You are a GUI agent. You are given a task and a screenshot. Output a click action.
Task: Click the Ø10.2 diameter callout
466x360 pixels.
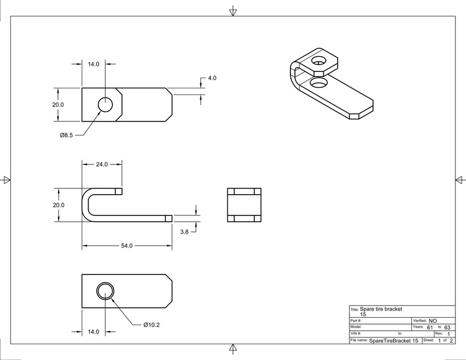[151, 325]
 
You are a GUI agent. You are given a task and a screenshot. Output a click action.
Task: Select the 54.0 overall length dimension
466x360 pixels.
[127, 246]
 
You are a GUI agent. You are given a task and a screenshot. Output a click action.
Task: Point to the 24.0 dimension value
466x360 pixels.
[101, 164]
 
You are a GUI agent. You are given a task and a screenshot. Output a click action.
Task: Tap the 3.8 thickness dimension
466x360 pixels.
[184, 231]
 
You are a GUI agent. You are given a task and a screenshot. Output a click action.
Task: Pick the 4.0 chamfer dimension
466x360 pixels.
[212, 78]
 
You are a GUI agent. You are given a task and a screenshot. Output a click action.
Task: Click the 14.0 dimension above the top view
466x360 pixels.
[93, 64]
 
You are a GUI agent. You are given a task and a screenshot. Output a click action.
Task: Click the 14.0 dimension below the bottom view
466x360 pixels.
[93, 332]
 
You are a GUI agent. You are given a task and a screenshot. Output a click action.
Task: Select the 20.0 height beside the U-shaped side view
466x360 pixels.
[59, 205]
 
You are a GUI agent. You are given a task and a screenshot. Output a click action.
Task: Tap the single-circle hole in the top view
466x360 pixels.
[105, 105]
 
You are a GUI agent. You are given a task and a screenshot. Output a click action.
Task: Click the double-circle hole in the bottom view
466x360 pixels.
[105, 291]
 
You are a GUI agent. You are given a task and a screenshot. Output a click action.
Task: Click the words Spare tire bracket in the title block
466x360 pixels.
[381, 309]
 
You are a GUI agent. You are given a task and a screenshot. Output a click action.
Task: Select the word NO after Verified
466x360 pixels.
[433, 321]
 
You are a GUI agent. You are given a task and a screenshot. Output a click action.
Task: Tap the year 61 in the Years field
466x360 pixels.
[430, 327]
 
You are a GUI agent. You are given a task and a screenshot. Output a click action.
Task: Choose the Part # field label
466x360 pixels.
[356, 321]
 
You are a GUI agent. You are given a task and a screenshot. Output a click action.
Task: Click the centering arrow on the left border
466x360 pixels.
[7, 180]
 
